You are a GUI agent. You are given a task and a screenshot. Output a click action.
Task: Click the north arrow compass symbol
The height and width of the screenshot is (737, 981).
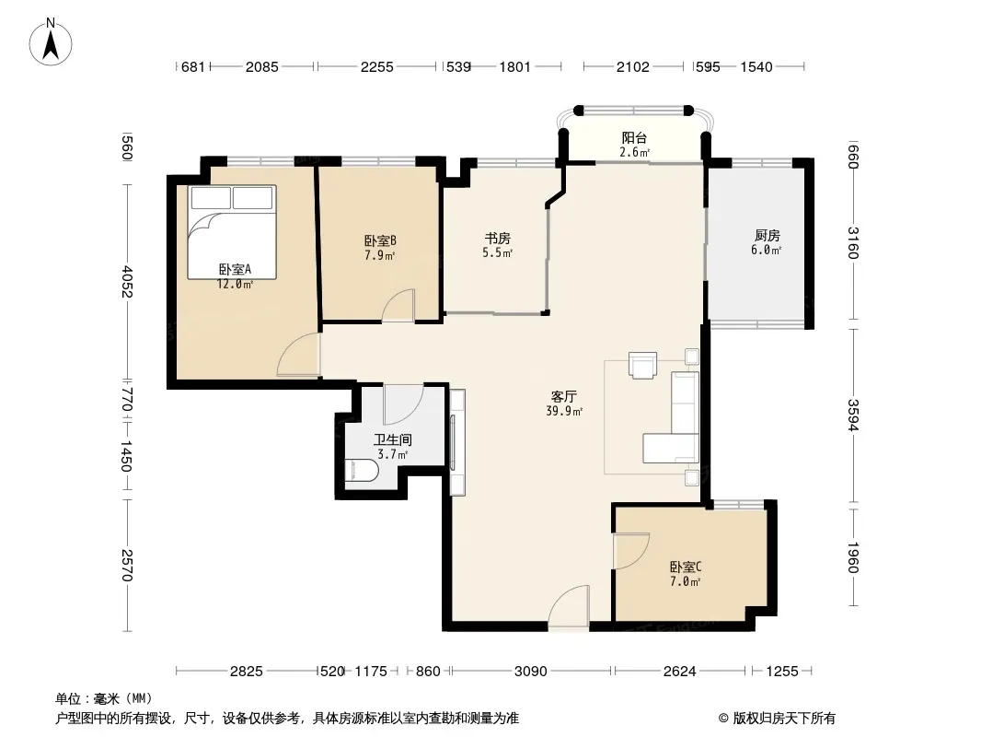(51, 42)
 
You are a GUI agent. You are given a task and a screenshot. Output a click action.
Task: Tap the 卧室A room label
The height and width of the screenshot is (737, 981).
(236, 269)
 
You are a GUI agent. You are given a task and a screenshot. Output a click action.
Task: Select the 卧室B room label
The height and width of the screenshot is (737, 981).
(380, 241)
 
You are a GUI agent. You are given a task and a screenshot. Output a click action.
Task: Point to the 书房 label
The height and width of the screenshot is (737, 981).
(497, 239)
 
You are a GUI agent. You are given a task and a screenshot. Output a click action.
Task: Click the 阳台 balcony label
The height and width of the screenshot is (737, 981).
(634, 138)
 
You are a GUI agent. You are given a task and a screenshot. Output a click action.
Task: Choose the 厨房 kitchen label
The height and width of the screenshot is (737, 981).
(767, 236)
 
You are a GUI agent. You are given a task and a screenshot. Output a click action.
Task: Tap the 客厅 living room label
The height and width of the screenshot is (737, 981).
(564, 396)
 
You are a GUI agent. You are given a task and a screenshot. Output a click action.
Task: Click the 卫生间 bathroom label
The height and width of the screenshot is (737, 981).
(392, 439)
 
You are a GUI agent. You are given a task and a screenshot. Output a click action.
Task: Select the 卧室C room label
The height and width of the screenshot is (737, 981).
(686, 567)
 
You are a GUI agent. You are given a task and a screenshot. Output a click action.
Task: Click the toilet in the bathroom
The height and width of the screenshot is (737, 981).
(362, 471)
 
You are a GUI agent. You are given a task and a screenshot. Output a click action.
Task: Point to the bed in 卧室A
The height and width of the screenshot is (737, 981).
(232, 231)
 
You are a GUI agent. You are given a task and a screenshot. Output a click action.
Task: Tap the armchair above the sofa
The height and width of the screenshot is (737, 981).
(642, 366)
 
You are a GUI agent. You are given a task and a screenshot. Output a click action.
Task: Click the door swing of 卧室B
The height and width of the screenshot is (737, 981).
(398, 306)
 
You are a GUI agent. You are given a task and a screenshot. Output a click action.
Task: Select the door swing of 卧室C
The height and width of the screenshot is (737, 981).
(631, 550)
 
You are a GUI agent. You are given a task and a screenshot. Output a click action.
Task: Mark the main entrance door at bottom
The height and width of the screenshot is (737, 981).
(569, 605)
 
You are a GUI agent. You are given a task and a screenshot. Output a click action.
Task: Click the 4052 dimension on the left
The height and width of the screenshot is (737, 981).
(127, 281)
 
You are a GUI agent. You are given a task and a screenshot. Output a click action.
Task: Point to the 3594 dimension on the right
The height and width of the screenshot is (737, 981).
(853, 415)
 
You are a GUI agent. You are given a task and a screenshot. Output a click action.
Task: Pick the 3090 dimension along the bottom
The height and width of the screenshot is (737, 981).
(531, 672)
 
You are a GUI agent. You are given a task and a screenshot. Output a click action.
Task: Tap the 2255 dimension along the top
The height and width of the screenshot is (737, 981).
(376, 66)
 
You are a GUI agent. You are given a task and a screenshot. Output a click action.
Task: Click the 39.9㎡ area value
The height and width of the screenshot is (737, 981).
(564, 412)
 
